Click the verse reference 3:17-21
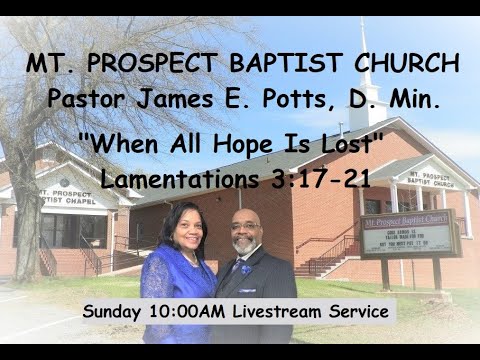point(324,178)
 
